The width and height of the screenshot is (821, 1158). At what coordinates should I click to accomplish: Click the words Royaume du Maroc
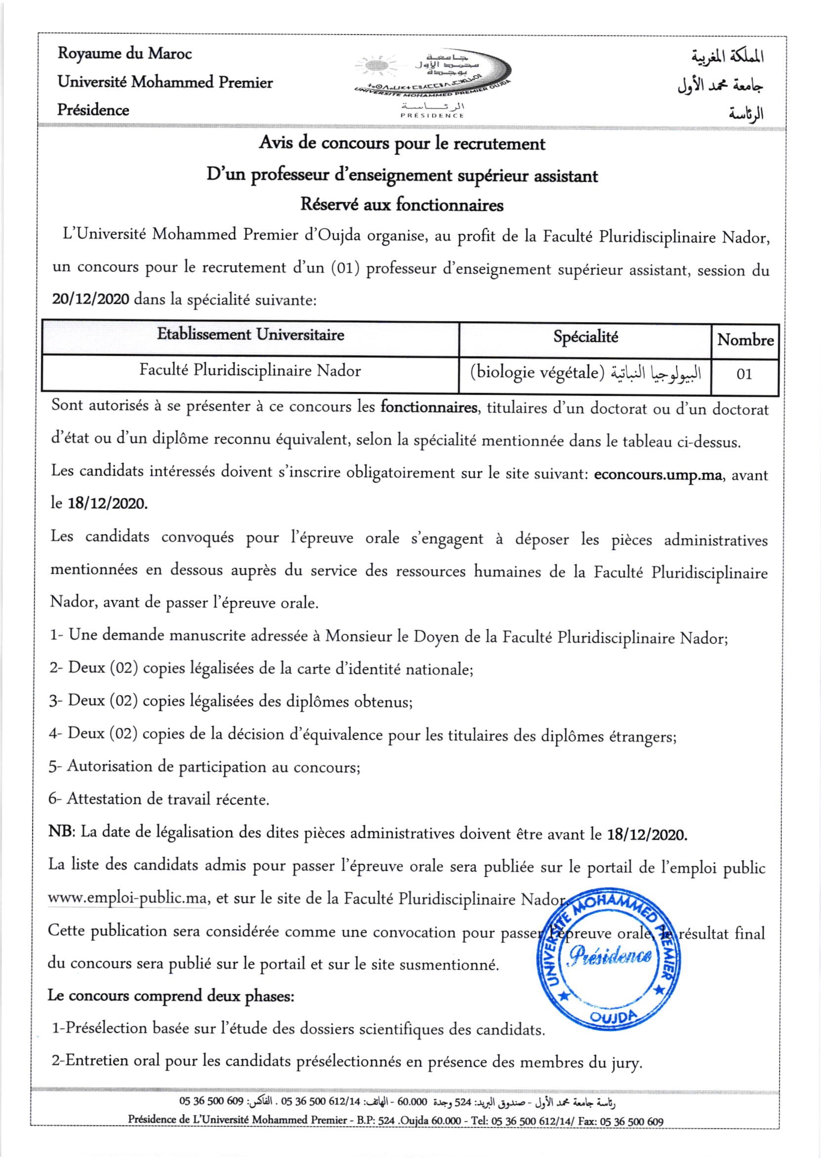124,53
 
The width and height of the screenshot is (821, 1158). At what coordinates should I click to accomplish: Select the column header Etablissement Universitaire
250,335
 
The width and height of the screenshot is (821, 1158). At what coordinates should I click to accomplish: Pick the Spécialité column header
585,337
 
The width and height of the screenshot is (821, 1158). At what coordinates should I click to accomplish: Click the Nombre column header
745,340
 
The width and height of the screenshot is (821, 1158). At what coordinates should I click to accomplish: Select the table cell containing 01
743,375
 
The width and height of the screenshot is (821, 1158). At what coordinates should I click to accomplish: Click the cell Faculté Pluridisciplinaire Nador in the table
250,371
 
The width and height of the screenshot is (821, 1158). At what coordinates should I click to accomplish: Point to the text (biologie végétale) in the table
537,373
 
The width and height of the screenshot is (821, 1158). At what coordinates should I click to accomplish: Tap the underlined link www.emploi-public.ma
127,899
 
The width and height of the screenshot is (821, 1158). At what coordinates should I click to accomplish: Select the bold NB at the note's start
61,832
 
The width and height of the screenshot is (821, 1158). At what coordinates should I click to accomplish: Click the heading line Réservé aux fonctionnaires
402,205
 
